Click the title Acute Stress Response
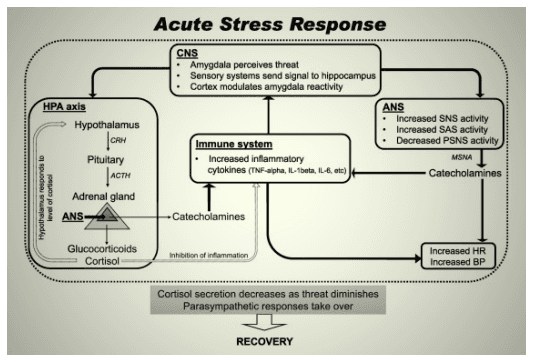pyautogui.click(x=267, y=22)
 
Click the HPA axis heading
pyautogui.click(x=63, y=105)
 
